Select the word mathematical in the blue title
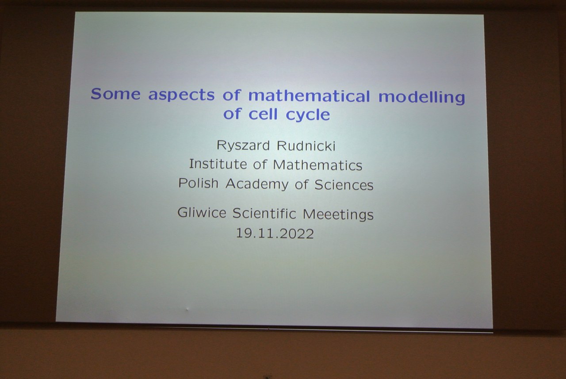tap(309, 96)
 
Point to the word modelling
tap(421, 97)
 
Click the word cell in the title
tap(263, 114)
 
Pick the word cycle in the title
tap(308, 115)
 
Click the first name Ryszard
tap(243, 146)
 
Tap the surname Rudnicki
tap(306, 146)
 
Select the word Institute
tap(218, 164)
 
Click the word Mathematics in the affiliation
tap(317, 165)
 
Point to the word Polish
tap(199, 183)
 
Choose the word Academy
tap(257, 184)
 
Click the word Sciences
tap(344, 185)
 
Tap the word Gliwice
tap(202, 212)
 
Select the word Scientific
tap(264, 213)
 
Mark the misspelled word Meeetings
tap(338, 214)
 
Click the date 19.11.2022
tap(275, 234)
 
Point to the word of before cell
tap(232, 113)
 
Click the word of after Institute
tap(260, 164)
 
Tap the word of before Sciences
tap(302, 184)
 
